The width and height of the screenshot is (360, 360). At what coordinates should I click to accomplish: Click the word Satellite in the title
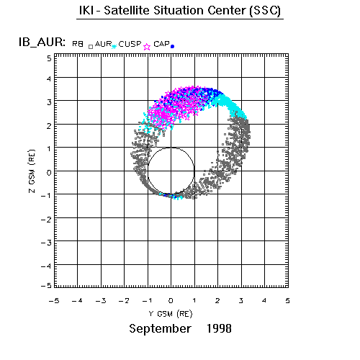127,10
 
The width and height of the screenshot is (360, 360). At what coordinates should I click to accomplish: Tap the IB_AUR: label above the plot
42,42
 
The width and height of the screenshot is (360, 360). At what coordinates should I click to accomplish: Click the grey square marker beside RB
91,47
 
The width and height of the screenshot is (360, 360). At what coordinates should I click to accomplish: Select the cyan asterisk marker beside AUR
114,46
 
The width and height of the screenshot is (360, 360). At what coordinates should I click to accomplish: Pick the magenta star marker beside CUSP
147,47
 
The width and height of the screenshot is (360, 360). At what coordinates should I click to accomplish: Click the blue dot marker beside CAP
172,47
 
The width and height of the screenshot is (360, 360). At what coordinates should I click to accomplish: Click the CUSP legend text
130,44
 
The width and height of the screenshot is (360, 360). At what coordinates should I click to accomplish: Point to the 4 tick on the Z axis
49,78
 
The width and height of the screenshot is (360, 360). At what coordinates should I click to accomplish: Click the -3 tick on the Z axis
46,243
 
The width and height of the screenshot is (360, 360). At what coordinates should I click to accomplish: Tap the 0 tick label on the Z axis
49,172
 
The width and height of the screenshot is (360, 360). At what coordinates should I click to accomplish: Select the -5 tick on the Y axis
54,300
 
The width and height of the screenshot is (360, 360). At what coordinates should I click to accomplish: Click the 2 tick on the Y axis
217,300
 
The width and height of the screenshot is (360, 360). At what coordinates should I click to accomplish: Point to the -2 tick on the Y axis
124,300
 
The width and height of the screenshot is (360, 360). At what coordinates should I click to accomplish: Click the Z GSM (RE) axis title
32,171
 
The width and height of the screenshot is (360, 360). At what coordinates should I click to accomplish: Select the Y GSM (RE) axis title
171,314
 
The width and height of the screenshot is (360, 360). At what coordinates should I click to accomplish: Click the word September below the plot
160,328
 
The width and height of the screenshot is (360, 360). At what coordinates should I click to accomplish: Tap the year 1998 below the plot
219,328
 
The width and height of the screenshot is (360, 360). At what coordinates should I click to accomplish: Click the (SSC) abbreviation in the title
265,11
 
